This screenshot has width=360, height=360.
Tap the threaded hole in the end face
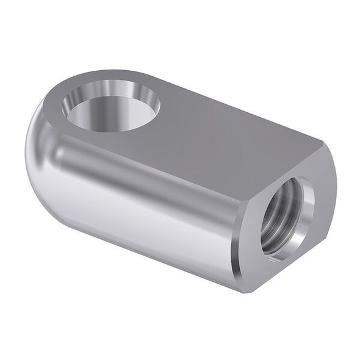point(286,217)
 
